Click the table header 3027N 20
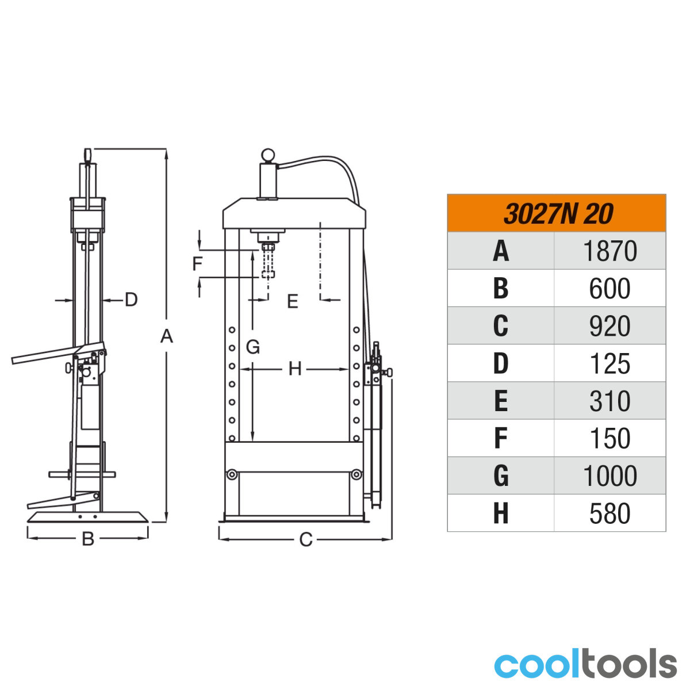558,214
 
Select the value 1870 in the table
610,251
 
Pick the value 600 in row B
610,288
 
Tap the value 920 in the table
610,326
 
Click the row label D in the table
501,363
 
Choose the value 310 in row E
610,401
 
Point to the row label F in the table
501,438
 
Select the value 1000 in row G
610,476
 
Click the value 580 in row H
610,513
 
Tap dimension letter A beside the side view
167,336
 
